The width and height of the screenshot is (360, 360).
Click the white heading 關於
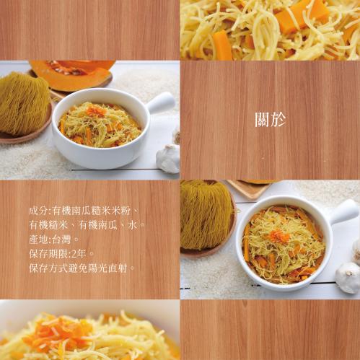271,120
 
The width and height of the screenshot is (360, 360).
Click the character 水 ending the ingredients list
133,225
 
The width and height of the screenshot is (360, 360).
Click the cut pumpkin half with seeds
71,75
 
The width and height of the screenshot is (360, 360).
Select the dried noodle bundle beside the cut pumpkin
24,103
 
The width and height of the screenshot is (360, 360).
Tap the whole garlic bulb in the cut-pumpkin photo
168,158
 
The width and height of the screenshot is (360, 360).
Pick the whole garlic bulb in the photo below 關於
348,278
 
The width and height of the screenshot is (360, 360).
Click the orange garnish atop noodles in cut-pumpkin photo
96,110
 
